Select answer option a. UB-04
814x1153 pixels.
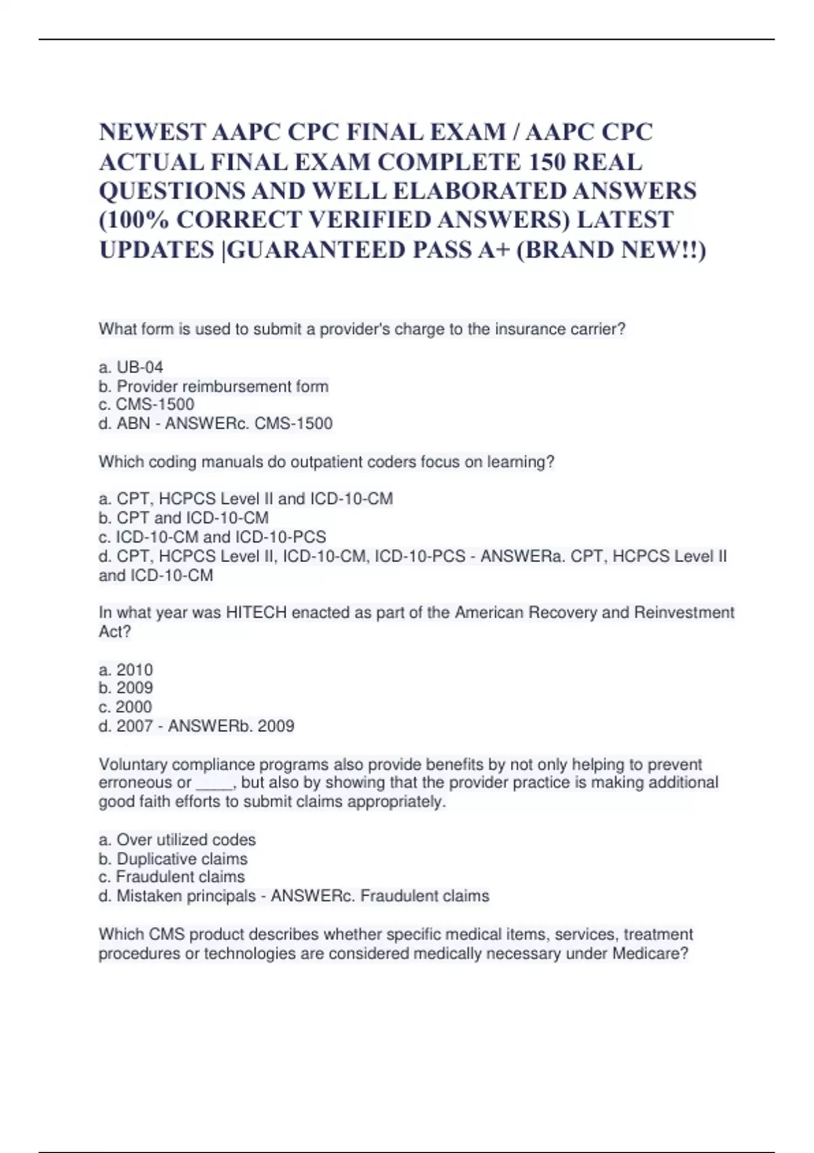(131, 367)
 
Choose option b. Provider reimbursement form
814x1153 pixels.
(214, 386)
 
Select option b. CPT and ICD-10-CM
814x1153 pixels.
(184, 517)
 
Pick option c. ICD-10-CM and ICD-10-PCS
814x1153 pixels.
(212, 536)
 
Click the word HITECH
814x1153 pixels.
(256, 612)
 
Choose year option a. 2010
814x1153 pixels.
(126, 669)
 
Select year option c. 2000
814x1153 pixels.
(125, 707)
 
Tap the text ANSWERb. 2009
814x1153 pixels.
(231, 726)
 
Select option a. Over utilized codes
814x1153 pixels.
(177, 839)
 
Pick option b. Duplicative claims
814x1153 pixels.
(173, 858)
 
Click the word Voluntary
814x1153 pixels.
(133, 764)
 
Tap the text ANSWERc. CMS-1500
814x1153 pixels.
(249, 423)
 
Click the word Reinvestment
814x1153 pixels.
(684, 612)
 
